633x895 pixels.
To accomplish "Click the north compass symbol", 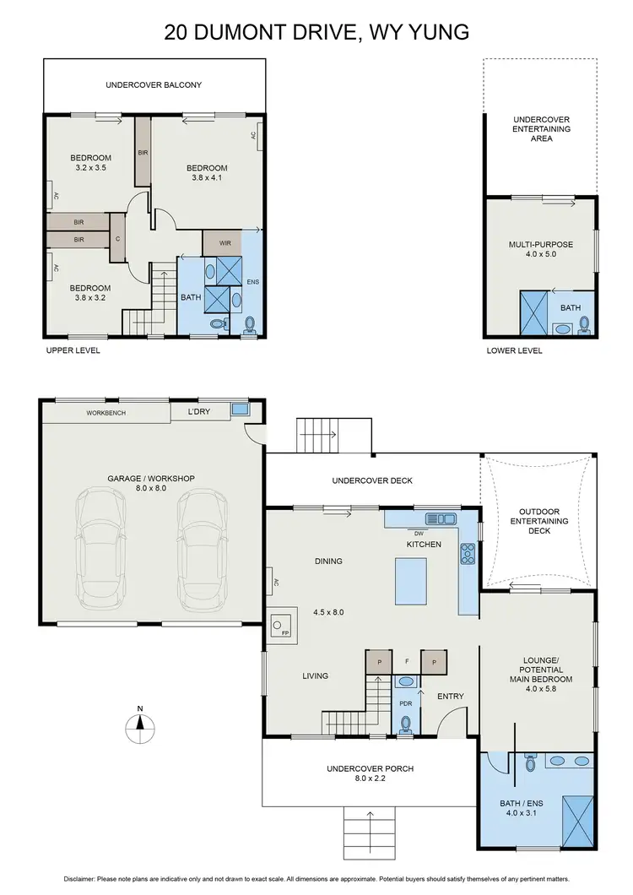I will point(141,724).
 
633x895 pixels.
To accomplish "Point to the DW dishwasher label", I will point(418,533).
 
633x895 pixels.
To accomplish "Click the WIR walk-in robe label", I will point(225,243).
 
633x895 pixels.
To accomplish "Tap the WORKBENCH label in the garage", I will point(105,413).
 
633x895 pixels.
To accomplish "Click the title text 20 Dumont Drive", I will point(316,33).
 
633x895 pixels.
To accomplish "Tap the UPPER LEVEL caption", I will point(73,350).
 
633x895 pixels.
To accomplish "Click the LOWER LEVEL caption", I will point(514,350).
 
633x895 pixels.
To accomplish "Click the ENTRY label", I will point(451,697).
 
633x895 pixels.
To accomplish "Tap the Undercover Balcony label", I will point(154,85).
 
